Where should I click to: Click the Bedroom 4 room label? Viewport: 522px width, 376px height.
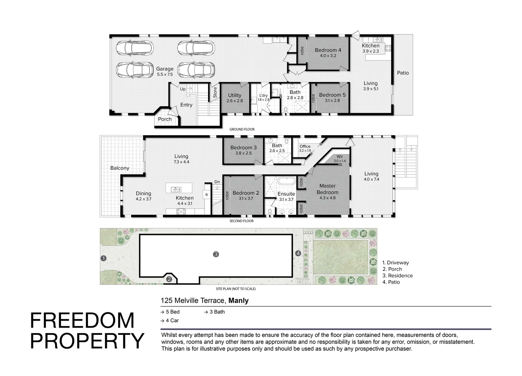(x=328, y=53)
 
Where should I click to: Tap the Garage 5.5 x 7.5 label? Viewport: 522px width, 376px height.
(x=165, y=71)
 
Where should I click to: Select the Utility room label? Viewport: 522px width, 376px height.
(x=235, y=98)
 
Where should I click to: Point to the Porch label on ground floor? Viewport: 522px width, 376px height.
(x=165, y=119)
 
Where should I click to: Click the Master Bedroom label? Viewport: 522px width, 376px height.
(x=327, y=191)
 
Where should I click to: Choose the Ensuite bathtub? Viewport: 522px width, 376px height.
(x=286, y=181)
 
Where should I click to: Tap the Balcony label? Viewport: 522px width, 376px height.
(x=120, y=168)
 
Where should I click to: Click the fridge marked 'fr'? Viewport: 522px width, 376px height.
(x=207, y=195)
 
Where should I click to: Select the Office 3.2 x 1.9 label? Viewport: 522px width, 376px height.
(x=305, y=148)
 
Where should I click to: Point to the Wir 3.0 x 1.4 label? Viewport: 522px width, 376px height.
(x=340, y=158)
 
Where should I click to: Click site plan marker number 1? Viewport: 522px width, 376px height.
(x=103, y=258)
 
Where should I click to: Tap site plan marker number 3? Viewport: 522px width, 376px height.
(x=216, y=254)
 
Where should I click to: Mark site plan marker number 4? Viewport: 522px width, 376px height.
(x=298, y=253)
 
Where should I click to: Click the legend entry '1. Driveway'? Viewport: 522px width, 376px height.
(x=396, y=263)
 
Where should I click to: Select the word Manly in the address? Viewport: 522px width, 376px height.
(x=238, y=300)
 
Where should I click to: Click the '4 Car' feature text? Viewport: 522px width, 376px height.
(x=170, y=321)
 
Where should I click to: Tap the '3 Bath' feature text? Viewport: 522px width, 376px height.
(x=214, y=312)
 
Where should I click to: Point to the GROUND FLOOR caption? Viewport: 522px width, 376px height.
(x=242, y=129)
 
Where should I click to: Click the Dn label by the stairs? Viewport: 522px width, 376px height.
(x=217, y=182)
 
